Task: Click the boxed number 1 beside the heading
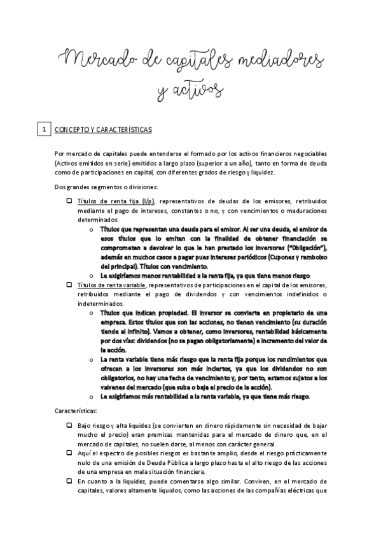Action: [43, 130]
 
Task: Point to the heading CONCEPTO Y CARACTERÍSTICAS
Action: [103, 130]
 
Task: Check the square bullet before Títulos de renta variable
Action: [69, 285]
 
